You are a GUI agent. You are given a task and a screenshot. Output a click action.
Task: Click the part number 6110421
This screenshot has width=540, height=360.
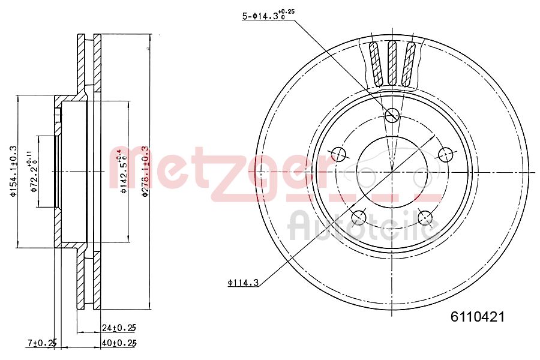coord(477,317)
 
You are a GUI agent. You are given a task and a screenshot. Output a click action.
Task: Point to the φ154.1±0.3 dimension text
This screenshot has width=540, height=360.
coord(11,171)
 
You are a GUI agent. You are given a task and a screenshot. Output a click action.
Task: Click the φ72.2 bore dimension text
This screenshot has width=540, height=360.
coord(34,172)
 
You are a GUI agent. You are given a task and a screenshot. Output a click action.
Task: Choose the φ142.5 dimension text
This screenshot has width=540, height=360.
coord(123,172)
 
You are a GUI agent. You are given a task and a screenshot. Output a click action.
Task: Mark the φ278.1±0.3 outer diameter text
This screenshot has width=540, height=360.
coord(144,172)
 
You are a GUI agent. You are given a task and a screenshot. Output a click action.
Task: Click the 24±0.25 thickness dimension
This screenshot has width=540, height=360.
coord(119,327)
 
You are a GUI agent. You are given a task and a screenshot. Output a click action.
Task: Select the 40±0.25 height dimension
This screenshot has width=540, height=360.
coord(119,343)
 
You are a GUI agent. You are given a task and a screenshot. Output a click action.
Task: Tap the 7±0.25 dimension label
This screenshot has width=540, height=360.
coord(41,343)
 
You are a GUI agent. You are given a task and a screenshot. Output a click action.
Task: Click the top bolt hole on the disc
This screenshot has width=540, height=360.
coord(392,115)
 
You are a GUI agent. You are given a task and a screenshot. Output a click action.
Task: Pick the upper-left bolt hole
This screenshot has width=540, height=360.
coord(338,154)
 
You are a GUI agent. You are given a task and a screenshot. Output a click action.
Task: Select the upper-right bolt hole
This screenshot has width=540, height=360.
coord(445,154)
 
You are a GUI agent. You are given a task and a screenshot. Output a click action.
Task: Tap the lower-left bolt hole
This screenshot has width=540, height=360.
coord(359,217)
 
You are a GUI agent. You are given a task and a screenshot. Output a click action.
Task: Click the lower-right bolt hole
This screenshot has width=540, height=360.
coord(425,217)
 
